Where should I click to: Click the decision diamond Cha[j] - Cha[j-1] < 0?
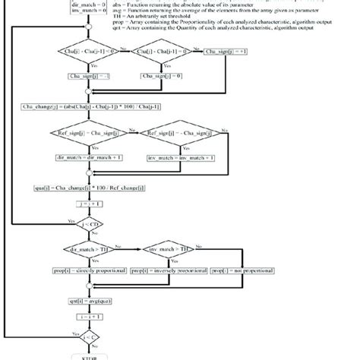[90, 53]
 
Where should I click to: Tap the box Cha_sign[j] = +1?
[224, 53]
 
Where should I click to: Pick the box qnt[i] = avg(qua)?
[90, 302]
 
